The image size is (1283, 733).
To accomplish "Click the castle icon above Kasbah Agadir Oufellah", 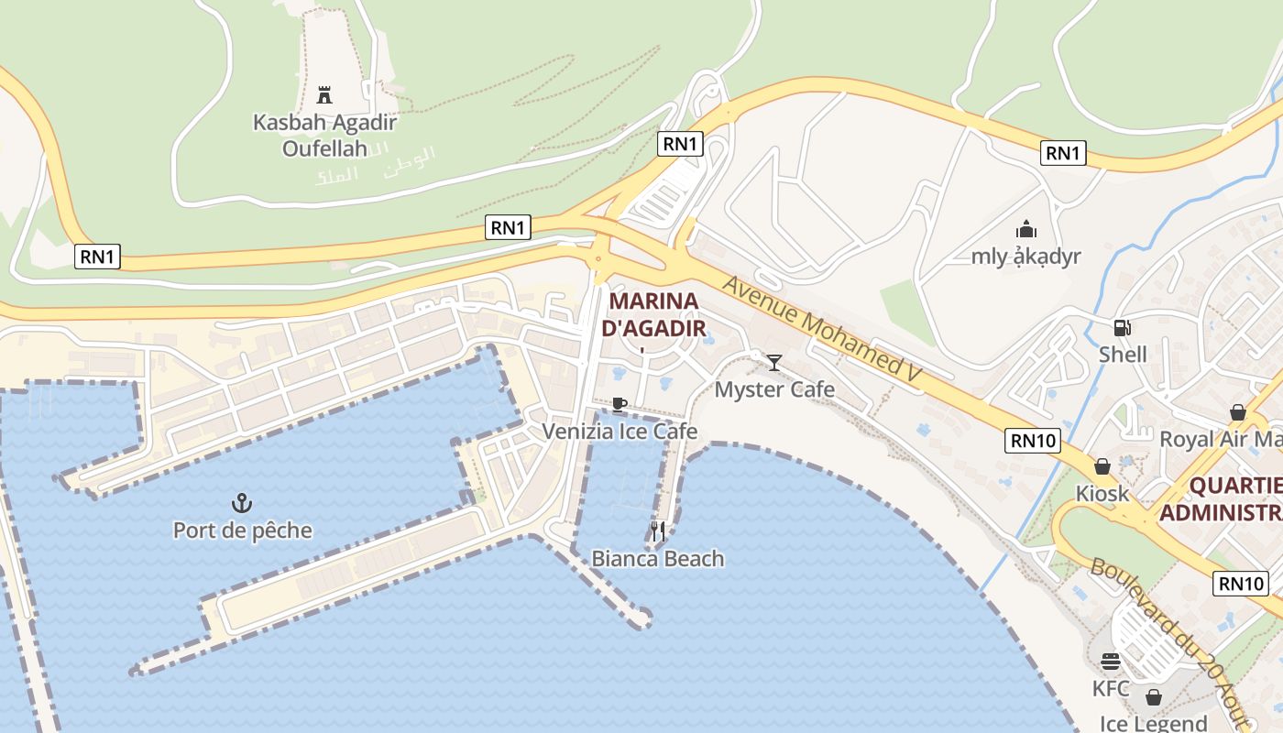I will [x=323, y=94].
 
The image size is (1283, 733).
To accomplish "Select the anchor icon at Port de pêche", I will [x=242, y=502].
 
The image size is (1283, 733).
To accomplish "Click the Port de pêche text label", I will [x=242, y=531].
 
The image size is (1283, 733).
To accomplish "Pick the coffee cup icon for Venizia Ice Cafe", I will [x=620, y=404].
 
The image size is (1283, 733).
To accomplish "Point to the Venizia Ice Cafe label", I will [x=620, y=431].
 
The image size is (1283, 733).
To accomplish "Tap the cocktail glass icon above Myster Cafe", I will [x=774, y=363].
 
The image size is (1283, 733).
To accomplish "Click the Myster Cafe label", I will [x=774, y=389].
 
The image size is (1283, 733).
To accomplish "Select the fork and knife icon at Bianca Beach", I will [x=657, y=531].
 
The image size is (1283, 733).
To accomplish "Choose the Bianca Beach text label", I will [x=657, y=558].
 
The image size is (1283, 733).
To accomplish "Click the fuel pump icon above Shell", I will [x=1122, y=327].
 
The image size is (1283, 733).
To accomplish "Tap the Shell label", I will [x=1123, y=354].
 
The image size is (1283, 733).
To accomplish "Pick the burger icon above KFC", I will [x=1111, y=662].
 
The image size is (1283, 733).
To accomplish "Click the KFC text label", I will [x=1111, y=688].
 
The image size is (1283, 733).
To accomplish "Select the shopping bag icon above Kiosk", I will [x=1102, y=466].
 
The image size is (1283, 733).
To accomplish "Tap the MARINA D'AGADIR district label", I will [x=653, y=314].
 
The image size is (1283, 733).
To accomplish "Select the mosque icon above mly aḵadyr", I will [x=1026, y=229].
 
